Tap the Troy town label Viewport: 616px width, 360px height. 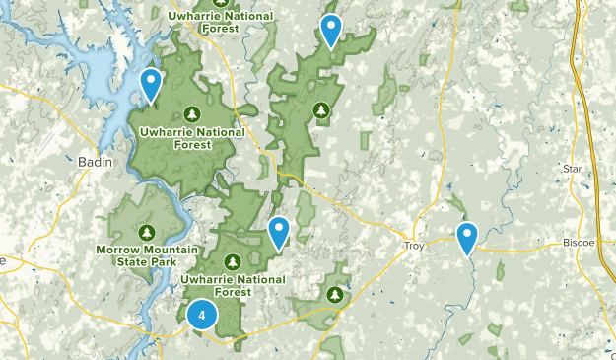(414, 245)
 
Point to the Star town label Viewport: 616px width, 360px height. (573, 169)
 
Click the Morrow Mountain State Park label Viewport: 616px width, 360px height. (146, 254)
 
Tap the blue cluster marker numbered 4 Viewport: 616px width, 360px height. (202, 315)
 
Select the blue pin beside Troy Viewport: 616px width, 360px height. (466, 237)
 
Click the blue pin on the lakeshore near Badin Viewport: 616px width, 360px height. (151, 85)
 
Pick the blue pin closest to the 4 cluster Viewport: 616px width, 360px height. (280, 232)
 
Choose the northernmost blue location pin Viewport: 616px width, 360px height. (331, 31)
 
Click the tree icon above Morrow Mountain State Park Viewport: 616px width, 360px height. (146, 232)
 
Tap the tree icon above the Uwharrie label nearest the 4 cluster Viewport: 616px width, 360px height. (233, 262)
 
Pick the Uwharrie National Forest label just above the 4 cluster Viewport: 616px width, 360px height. (233, 285)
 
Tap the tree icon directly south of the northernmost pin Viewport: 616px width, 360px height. (319, 108)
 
